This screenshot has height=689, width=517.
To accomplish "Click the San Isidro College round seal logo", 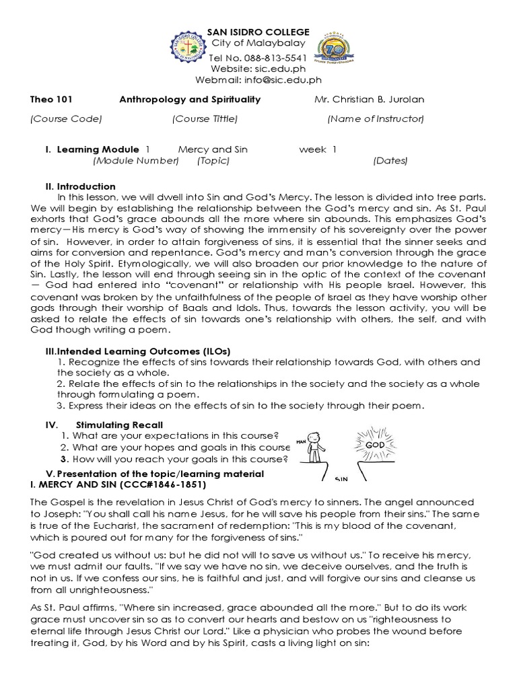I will coord(180,50).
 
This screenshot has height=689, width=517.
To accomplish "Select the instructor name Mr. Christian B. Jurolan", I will coord(370,100).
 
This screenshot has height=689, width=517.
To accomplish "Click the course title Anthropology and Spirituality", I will coord(190,100).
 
